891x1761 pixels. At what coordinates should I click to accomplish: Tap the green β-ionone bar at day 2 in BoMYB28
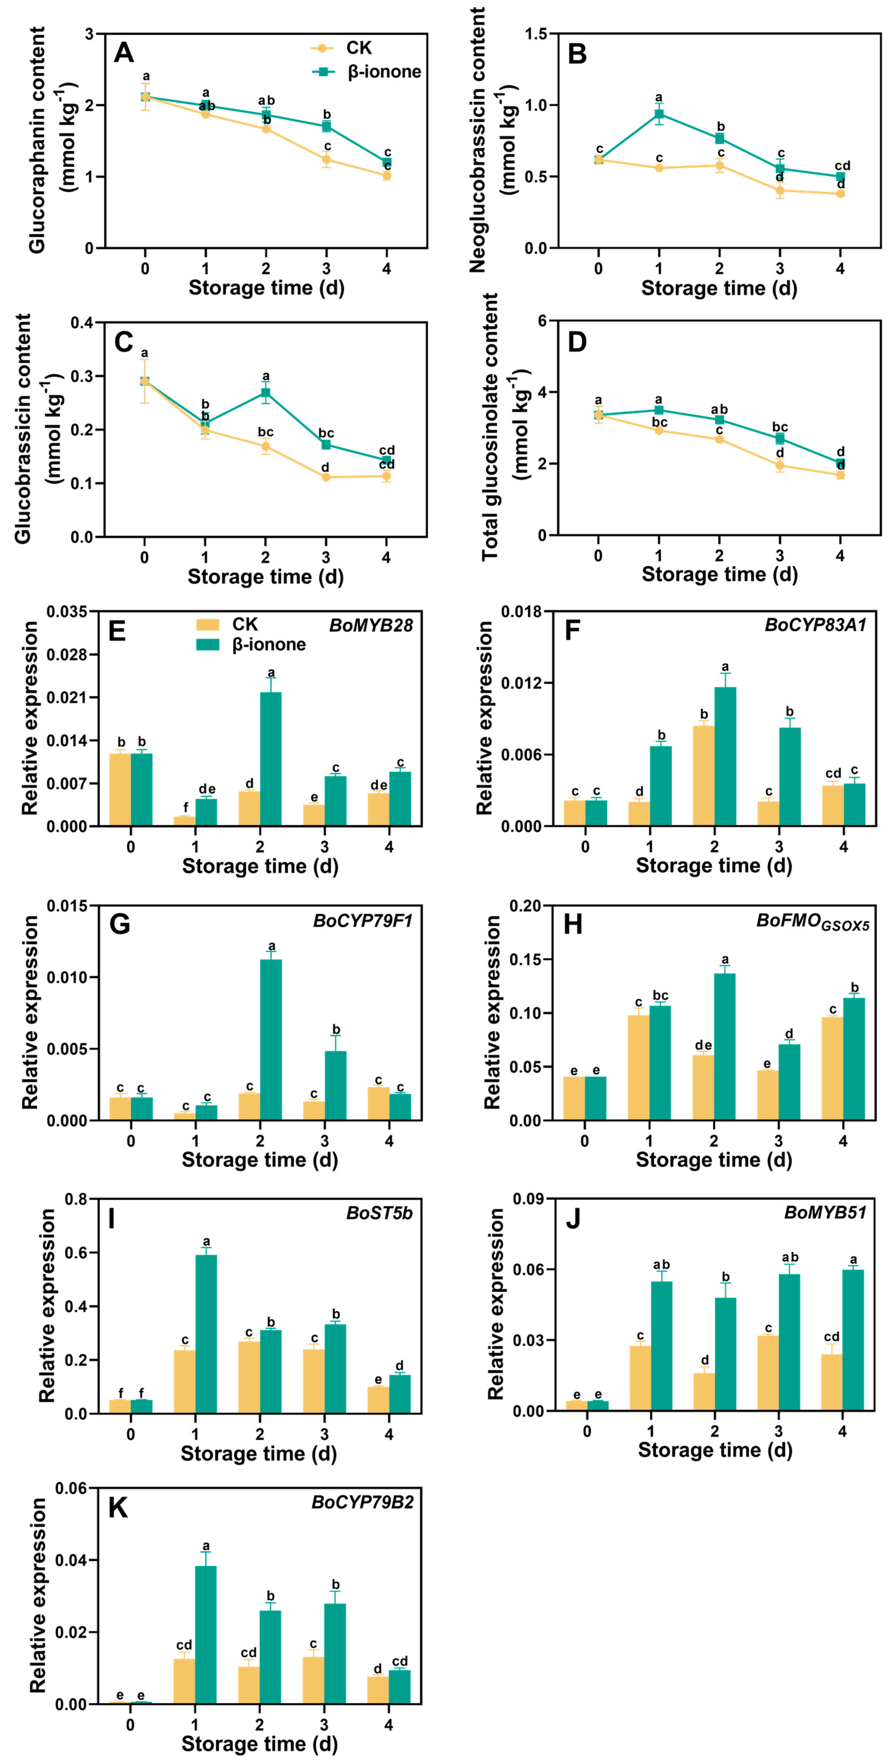point(271,759)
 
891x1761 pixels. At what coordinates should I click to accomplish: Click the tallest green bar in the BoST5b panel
point(206,1333)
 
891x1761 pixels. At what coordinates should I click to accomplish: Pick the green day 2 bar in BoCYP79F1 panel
point(271,1039)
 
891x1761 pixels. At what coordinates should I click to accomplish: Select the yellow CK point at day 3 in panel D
point(780,465)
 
